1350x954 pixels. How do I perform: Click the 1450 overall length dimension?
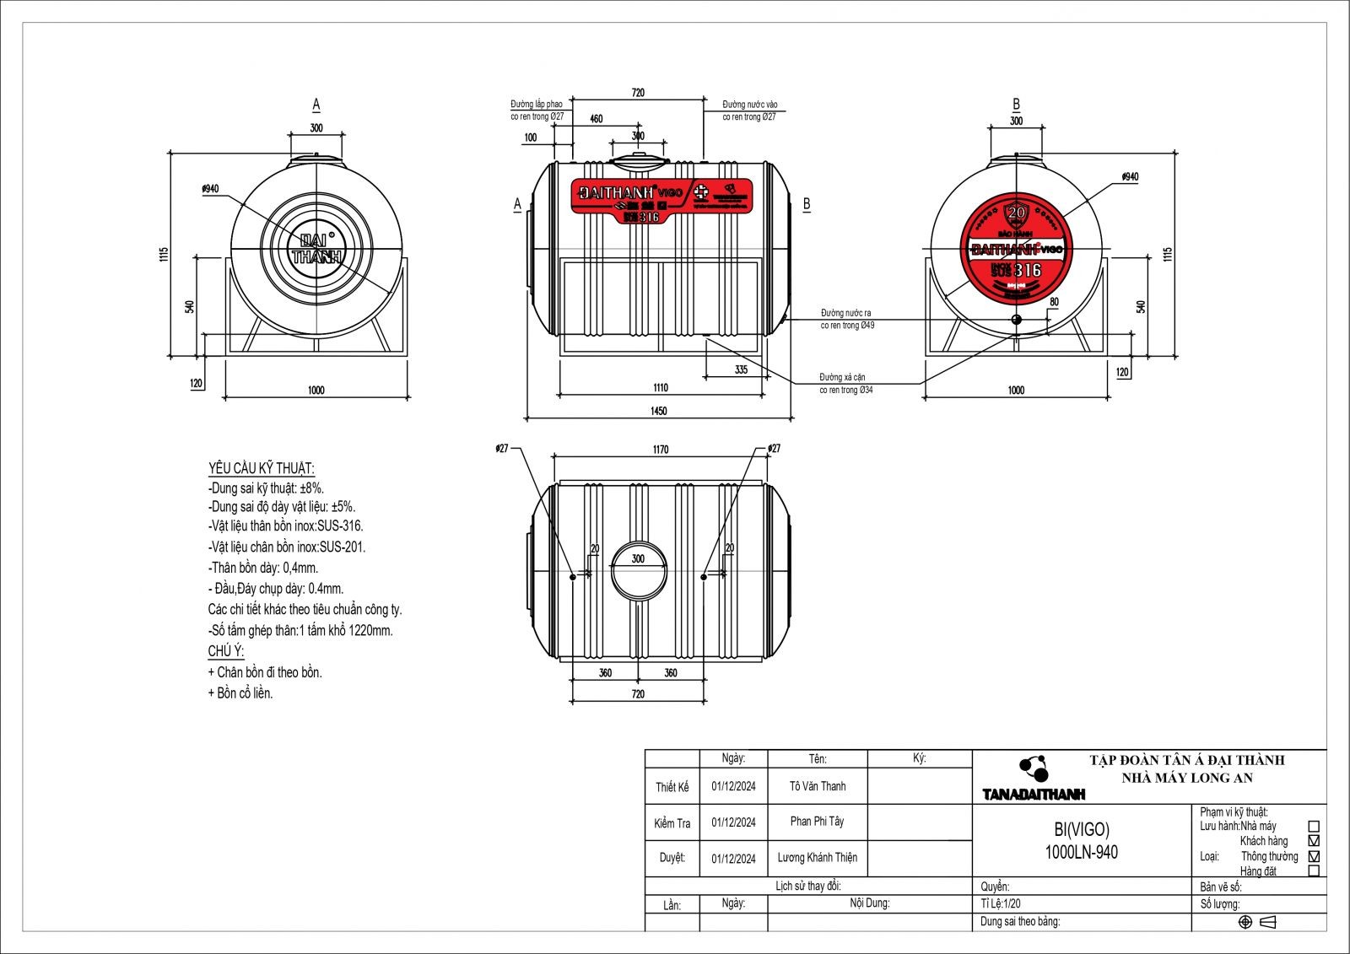(x=659, y=411)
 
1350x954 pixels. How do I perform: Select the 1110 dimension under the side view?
(x=660, y=388)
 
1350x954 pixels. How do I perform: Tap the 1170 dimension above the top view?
(x=661, y=450)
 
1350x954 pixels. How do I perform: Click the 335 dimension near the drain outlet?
(x=741, y=369)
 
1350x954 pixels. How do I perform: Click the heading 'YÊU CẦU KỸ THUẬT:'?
(x=262, y=468)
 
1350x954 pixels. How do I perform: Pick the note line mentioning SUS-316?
(x=286, y=526)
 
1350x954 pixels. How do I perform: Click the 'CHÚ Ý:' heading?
(x=226, y=651)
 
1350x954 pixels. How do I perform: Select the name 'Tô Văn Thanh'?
(x=818, y=786)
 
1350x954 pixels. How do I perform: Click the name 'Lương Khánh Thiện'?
(x=817, y=858)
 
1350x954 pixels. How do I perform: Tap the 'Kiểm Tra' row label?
(x=672, y=823)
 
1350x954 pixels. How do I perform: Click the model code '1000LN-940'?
(x=1081, y=852)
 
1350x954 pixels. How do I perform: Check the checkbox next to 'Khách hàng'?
(x=1313, y=841)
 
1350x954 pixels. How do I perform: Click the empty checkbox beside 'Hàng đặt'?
(x=1313, y=870)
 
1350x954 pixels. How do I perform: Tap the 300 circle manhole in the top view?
(x=638, y=570)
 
